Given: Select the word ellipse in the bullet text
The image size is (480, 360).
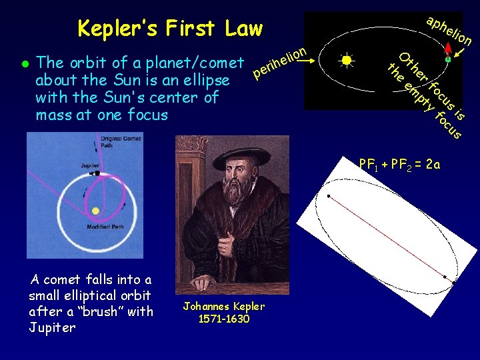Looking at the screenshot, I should coord(206,81).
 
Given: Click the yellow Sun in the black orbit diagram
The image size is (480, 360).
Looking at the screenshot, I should coord(347,60).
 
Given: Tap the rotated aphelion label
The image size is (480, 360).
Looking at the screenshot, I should coord(449,30).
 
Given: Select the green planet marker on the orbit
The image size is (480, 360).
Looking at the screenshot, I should coord(448,59).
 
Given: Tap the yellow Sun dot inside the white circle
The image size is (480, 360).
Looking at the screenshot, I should coord(95,211).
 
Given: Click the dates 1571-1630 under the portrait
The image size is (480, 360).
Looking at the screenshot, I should coord(224,319).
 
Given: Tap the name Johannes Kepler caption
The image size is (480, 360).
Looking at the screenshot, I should coord(224,307).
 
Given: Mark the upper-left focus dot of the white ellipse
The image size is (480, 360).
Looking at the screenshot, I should coord(329,196).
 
